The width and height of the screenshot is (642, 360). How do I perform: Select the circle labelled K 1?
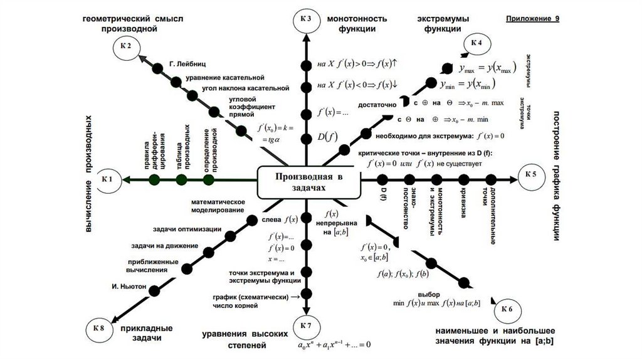coord(106,180)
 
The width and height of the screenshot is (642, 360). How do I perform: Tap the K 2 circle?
coord(127,47)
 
